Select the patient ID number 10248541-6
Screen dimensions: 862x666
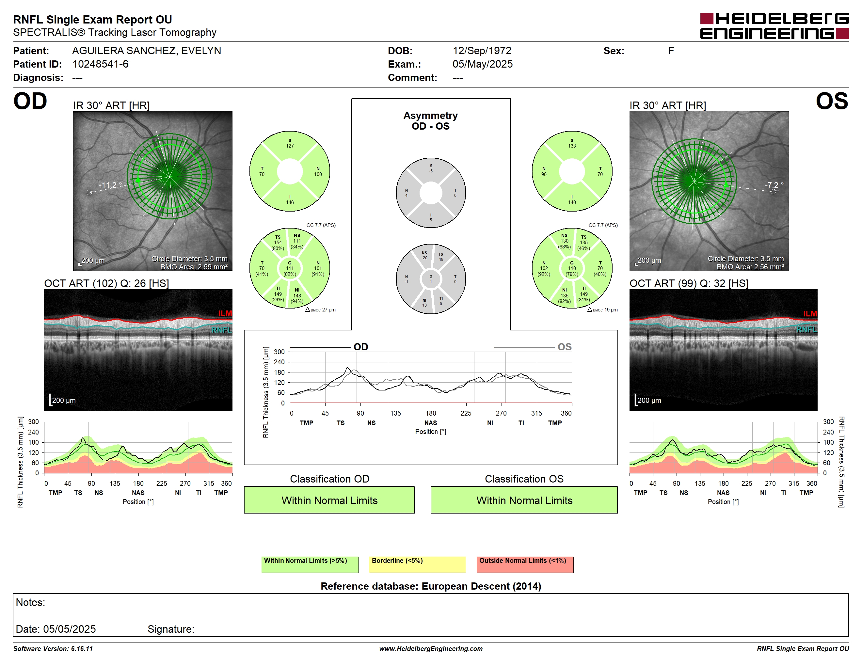tap(100, 64)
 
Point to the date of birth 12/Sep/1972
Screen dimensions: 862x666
tap(482, 51)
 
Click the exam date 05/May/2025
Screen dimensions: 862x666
tap(482, 64)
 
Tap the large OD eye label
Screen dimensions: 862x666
tap(30, 102)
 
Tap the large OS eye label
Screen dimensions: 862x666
tap(832, 102)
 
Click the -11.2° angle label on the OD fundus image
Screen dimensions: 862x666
tap(110, 185)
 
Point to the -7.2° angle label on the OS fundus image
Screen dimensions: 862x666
tap(774, 185)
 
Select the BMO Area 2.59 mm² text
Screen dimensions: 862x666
tap(194, 267)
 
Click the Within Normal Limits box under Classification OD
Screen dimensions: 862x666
tap(329, 500)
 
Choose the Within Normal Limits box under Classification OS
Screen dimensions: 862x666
tap(524, 500)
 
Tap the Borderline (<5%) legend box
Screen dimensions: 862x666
tap(417, 564)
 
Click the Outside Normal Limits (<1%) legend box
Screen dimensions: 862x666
tap(525, 564)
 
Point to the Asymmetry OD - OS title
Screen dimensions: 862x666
tap(431, 121)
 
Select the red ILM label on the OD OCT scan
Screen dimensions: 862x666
tap(225, 313)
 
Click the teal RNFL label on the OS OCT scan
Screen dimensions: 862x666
tap(806, 329)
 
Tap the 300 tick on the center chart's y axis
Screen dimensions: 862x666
tap(279, 352)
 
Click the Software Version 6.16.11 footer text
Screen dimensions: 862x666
tap(53, 649)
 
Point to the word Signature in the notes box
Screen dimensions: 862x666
tap(170, 629)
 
